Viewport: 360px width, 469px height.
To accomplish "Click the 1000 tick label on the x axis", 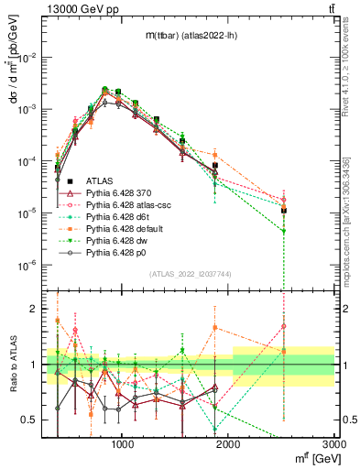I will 122,443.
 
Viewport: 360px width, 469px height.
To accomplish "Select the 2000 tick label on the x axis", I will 229,443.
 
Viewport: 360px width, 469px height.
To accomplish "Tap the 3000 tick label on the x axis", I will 335,443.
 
